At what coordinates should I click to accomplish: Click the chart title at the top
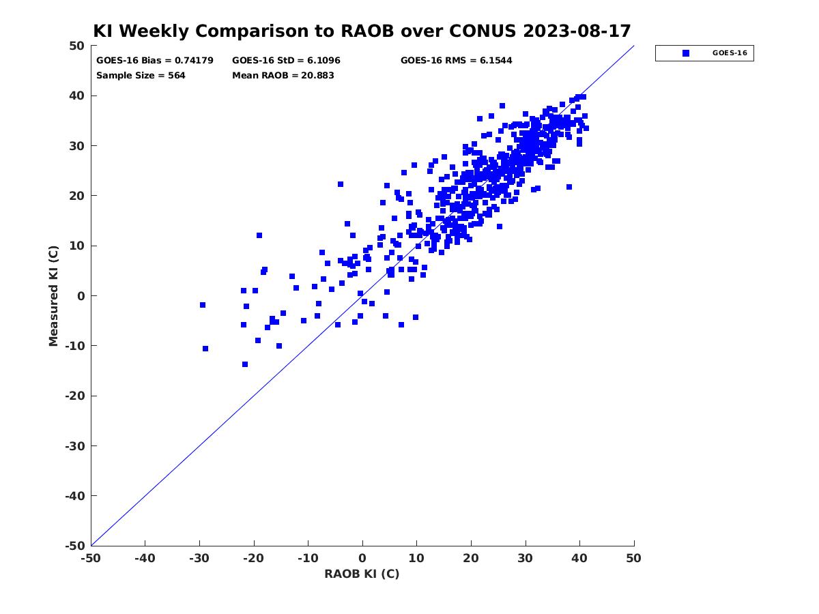(362, 31)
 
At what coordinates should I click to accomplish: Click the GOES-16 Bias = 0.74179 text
(154, 61)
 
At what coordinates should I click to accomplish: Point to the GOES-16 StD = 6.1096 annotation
(286, 61)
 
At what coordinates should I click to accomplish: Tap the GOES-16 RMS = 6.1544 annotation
(456, 61)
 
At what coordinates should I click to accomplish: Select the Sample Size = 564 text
(141, 76)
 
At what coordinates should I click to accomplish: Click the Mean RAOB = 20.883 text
(283, 76)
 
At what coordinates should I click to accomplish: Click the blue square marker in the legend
(686, 53)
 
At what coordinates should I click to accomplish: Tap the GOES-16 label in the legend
(730, 53)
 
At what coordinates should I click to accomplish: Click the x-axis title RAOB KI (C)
(362, 574)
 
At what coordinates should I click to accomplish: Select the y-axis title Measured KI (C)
(53, 295)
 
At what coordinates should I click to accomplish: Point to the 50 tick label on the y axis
(77, 46)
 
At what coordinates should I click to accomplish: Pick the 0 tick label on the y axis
(81, 296)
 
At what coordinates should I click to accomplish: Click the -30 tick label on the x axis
(199, 559)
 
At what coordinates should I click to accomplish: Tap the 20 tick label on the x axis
(470, 559)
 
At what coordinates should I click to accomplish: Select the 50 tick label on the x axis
(633, 559)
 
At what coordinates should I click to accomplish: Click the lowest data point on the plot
(245, 364)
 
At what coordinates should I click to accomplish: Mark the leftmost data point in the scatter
(203, 305)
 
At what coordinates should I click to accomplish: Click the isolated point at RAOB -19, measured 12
(259, 235)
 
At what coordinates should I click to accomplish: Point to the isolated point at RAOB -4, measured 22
(341, 184)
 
